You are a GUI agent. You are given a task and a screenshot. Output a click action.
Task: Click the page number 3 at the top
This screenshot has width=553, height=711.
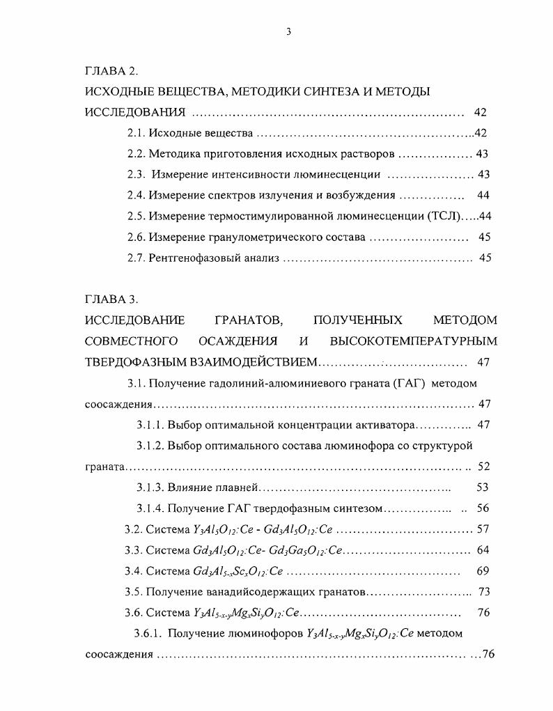pos(288,31)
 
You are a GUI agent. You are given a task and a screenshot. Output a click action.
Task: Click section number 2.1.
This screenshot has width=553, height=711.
pos(136,133)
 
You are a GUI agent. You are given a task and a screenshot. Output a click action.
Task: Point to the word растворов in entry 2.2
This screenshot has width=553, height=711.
pos(369,154)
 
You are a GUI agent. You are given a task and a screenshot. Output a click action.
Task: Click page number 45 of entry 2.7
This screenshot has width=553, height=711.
pos(485,258)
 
